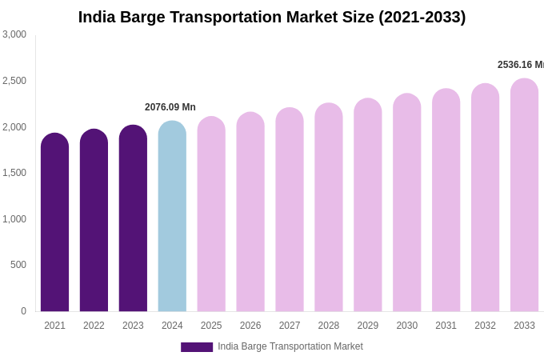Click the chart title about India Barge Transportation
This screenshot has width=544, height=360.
point(272,17)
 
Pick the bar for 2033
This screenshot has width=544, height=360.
point(524,195)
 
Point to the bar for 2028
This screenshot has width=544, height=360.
point(329,207)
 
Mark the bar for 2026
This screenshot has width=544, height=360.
point(250,212)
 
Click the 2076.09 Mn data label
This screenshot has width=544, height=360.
point(170,107)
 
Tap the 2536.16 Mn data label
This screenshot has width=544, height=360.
point(520,65)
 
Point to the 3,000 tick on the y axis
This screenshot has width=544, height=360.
point(14,34)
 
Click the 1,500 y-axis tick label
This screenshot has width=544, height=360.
point(14,173)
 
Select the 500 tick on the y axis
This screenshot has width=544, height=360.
point(18,265)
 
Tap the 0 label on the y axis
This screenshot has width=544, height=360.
point(23,311)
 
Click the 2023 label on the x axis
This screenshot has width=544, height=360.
point(133,326)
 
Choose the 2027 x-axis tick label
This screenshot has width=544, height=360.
point(290,326)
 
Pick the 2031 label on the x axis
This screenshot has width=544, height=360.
point(446,326)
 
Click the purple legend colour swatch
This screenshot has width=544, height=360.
point(197,347)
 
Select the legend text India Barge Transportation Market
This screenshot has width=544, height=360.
point(290,346)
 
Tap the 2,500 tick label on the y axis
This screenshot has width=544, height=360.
point(14,81)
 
